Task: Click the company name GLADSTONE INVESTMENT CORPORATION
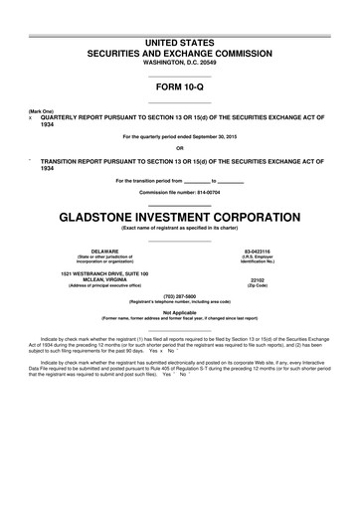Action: point(179,216)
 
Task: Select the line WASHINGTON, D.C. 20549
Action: point(179,62)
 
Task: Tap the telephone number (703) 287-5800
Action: point(179,308)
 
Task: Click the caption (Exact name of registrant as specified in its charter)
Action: point(179,230)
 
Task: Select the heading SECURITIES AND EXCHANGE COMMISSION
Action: point(179,48)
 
